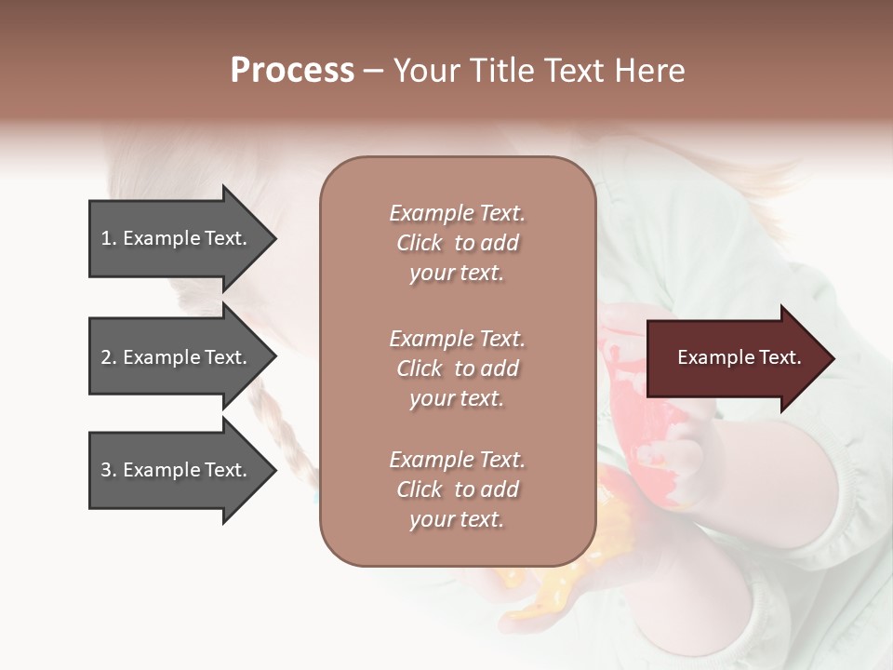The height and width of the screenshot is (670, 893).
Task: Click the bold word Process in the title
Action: point(292,71)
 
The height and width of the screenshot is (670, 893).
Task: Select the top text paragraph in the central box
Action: point(457,243)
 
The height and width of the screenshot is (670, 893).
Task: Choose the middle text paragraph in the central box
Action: point(457,368)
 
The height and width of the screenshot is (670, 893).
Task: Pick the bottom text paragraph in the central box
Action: point(457,489)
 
